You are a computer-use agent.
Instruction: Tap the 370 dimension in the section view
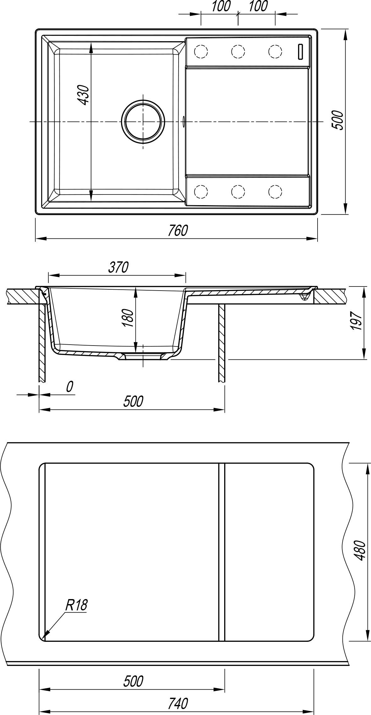click(119, 267)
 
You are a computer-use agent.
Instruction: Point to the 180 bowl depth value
click(129, 318)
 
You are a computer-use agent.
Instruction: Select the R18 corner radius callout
click(76, 605)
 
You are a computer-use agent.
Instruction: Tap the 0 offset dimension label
click(69, 387)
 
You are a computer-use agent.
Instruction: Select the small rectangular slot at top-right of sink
click(300, 52)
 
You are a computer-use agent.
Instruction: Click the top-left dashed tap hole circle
click(201, 51)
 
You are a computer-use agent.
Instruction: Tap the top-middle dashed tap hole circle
click(238, 51)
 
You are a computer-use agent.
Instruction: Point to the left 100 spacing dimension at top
click(220, 6)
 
